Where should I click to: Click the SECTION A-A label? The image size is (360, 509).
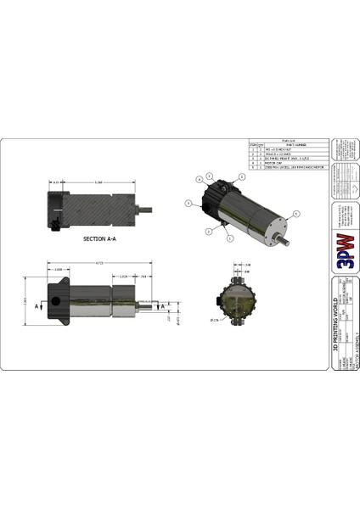point(100,239)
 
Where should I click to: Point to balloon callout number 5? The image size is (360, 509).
point(296,213)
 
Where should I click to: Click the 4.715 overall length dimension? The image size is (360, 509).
point(99,263)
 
